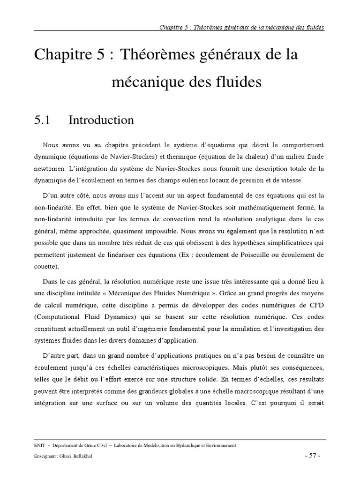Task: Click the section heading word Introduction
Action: [x=101, y=120]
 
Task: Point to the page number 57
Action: [x=313, y=456]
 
